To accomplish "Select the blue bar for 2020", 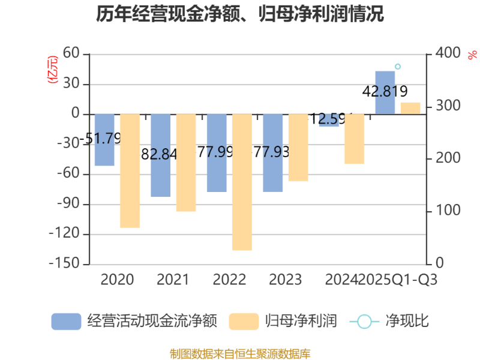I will pyautogui.click(x=104, y=140).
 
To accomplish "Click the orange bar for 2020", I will pyautogui.click(x=130, y=171).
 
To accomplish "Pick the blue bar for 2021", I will pyautogui.click(x=161, y=155).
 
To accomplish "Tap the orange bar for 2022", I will pyautogui.click(x=242, y=182).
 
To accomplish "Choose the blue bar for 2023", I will pyautogui.click(x=273, y=153).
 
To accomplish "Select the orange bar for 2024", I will pyautogui.click(x=354, y=139).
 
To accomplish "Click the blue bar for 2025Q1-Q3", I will pyautogui.click(x=385, y=92).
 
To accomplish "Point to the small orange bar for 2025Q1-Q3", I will pyautogui.click(x=410, y=108).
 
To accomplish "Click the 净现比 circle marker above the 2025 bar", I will pyautogui.click(x=397, y=67).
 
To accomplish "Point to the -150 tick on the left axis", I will pyautogui.click(x=65, y=264).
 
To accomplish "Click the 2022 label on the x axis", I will pyautogui.click(x=229, y=280).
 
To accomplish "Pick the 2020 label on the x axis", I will pyautogui.click(x=117, y=280).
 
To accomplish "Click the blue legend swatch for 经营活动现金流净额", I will pyautogui.click(x=66, y=321).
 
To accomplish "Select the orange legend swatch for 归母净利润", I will pyautogui.click(x=244, y=321).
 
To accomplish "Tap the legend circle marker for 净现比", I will pyautogui.click(x=364, y=321).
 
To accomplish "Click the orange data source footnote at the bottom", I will pyautogui.click(x=240, y=353).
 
